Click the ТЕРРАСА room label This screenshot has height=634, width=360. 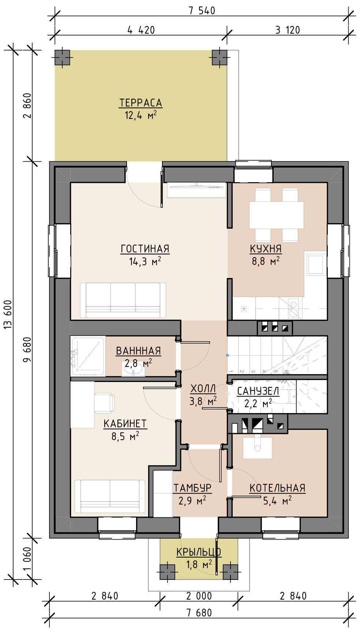pyautogui.click(x=140, y=103)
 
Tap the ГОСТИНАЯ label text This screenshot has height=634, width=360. pyautogui.click(x=145, y=249)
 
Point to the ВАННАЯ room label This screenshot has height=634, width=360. pyautogui.click(x=138, y=351)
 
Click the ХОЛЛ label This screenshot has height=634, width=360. pyautogui.click(x=203, y=389)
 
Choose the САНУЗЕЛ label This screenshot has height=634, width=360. pyautogui.click(x=258, y=391)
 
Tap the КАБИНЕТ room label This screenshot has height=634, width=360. pyautogui.click(x=125, y=424)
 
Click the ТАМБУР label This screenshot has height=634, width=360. pyautogui.click(x=192, y=488)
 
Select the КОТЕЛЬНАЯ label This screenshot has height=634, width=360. pyautogui.click(x=277, y=488)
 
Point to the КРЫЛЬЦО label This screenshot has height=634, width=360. pyautogui.click(x=199, y=552)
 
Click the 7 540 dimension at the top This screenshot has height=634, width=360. pyautogui.click(x=202, y=11)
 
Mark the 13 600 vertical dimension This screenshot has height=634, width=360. pyautogui.click(x=8, y=315)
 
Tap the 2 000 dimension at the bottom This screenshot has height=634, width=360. pyautogui.click(x=199, y=596)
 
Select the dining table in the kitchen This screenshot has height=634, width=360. pyautogui.click(x=277, y=215)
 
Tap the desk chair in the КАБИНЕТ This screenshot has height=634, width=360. pyautogui.click(x=104, y=403)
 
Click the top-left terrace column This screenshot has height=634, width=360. pyautogui.click(x=63, y=57)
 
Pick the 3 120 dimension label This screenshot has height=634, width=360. pyautogui.click(x=288, y=30)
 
